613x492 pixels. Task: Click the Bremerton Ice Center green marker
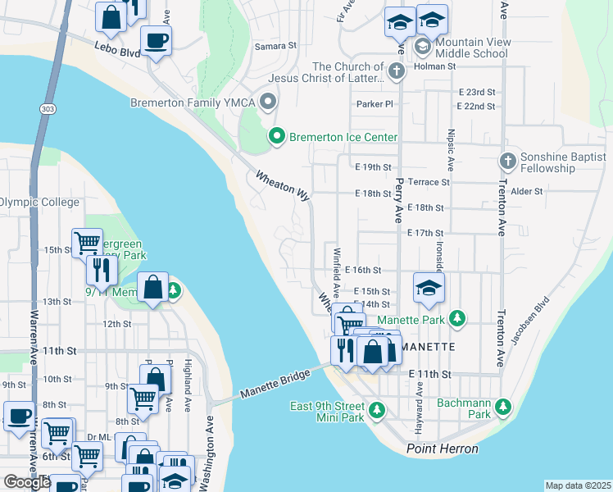(277, 137)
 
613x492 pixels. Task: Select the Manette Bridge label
(275, 384)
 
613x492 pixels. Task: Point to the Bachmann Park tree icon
(502, 406)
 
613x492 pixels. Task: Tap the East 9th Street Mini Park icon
(376, 408)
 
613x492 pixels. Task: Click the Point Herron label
(443, 449)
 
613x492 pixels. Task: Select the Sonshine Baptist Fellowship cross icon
(508, 161)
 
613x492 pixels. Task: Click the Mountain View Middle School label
(473, 48)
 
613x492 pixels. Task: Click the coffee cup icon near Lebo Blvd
(155, 39)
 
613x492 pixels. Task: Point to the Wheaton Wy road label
(283, 186)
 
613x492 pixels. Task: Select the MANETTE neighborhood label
(428, 347)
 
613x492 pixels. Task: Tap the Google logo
(27, 481)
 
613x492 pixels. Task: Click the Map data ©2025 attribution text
(579, 485)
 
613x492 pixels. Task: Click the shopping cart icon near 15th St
(87, 242)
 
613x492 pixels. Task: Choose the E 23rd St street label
(477, 92)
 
